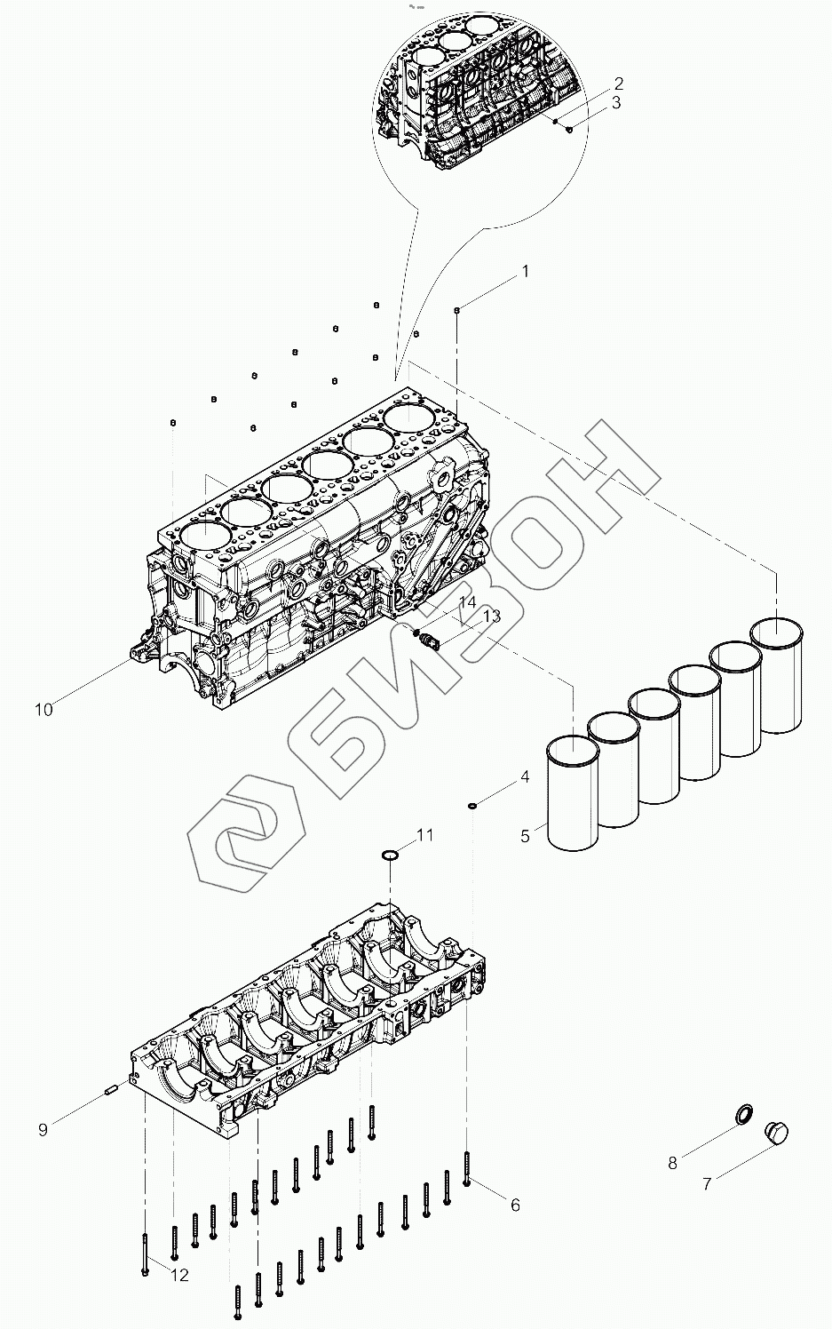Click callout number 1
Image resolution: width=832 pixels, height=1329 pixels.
(x=525, y=271)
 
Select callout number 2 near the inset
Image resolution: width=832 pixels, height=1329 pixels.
(x=618, y=84)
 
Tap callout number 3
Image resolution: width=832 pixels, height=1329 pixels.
(x=616, y=102)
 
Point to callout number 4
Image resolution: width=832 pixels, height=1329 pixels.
(x=525, y=776)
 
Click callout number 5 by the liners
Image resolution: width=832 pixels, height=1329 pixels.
(x=525, y=835)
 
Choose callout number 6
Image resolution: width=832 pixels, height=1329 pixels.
(x=514, y=1205)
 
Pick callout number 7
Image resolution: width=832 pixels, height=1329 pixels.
(x=707, y=1184)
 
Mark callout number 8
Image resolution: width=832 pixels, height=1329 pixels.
(x=672, y=1162)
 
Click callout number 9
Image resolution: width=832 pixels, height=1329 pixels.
(x=43, y=1130)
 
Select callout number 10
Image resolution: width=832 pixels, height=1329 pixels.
(x=44, y=709)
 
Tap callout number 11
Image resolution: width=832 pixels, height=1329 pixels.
(x=425, y=834)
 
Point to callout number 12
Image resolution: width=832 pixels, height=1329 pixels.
(x=180, y=1276)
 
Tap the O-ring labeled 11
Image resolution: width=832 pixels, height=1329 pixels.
(x=390, y=855)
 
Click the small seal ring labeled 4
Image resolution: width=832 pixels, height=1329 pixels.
(x=473, y=806)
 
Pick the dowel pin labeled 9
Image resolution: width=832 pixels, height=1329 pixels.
(x=113, y=1092)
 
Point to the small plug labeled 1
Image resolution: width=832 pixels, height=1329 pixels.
(x=456, y=309)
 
